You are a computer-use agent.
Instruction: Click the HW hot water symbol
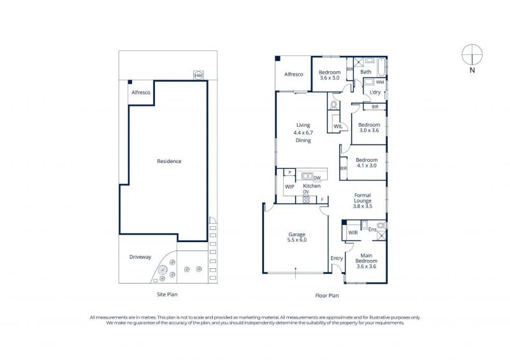(198, 75)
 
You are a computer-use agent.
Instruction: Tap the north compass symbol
(472, 54)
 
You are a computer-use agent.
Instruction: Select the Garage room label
(297, 234)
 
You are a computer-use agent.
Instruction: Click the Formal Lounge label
(363, 198)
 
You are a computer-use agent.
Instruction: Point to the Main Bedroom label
(366, 258)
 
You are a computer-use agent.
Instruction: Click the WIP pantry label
(289, 187)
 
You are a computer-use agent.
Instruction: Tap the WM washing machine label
(379, 82)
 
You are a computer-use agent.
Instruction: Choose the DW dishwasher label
(317, 178)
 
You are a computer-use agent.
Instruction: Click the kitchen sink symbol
(307, 176)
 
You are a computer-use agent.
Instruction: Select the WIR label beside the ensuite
(353, 233)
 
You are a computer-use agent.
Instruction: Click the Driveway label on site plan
(140, 257)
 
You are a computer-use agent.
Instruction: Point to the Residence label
(169, 161)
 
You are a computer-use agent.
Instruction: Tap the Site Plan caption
(167, 294)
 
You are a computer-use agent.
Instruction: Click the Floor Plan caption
(327, 296)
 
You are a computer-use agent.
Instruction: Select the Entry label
(337, 258)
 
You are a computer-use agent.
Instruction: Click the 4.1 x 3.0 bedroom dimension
(366, 166)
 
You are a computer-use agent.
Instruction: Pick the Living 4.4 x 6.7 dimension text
(303, 133)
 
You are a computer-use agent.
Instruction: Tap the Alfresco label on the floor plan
(294, 75)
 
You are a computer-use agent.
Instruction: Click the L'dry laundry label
(375, 92)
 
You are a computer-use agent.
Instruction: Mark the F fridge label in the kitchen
(323, 199)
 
